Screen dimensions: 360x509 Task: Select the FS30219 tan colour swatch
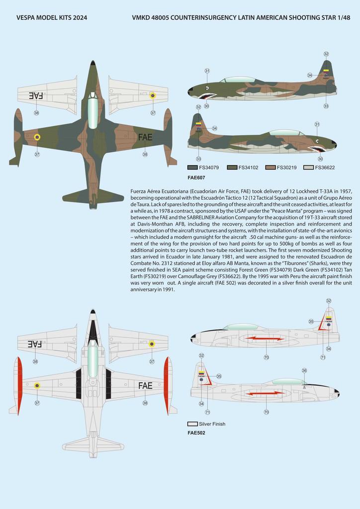pos(270,168)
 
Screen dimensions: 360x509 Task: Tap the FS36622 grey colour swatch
pos(309,168)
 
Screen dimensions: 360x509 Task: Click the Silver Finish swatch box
pos(192,424)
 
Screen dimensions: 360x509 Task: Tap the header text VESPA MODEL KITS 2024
pos(52,17)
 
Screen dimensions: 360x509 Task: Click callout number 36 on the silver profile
pos(304,370)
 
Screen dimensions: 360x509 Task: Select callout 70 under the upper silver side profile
pos(267,357)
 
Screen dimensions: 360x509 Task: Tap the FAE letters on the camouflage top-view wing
pos(145,137)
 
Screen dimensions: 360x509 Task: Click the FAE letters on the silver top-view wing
pos(145,385)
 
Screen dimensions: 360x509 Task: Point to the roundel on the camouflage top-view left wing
pos(37,137)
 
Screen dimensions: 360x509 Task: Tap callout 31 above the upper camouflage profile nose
pos(207,71)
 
